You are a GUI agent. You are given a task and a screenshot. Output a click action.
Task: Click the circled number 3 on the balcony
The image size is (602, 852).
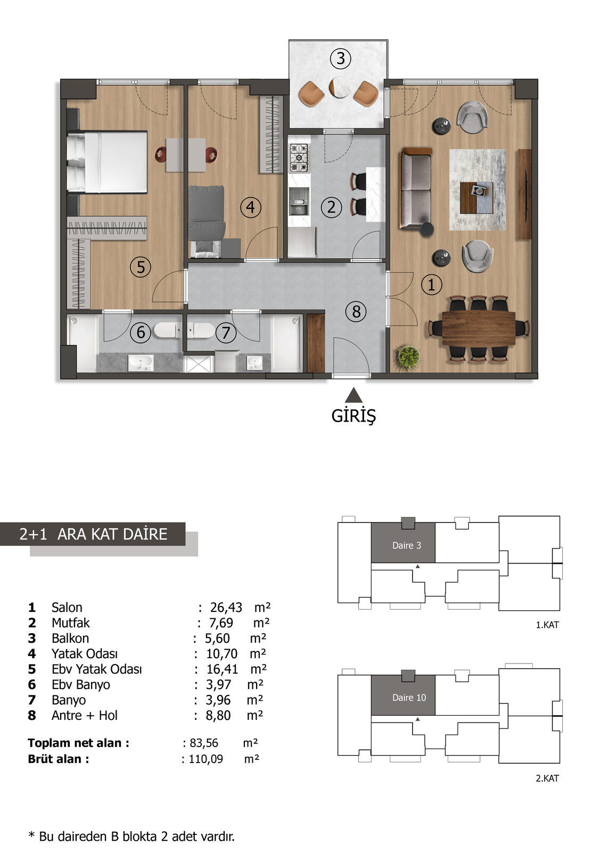pos(340,59)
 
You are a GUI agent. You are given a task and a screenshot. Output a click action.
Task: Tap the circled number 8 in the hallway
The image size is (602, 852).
pos(356,312)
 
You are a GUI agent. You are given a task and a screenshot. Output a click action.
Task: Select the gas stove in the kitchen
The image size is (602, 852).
pos(299,157)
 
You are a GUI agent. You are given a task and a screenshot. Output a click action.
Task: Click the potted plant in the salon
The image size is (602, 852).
pos(408,357)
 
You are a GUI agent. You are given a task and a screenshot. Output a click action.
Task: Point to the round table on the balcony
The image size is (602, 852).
pos(340,88)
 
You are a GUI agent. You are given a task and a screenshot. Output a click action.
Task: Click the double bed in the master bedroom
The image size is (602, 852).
pos(107,162)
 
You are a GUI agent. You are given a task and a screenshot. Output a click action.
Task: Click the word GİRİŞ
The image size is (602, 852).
pos(353,416)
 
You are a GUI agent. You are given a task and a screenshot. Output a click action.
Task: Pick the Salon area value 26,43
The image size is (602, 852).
pos(226,608)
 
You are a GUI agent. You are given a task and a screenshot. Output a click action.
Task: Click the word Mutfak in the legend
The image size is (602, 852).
pos(71,622)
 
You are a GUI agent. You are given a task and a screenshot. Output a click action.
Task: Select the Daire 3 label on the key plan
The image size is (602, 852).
pos(407,545)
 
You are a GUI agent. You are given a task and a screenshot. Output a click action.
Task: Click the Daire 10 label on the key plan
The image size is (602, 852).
pos(409,697)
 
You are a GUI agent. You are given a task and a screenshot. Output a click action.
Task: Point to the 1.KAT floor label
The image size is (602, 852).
pos(547,625)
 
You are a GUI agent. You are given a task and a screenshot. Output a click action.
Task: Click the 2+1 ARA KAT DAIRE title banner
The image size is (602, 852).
pos(93,534)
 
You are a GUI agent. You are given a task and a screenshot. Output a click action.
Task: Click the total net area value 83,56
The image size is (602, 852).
pos(204,742)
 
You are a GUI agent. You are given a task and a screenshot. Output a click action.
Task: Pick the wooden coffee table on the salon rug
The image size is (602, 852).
pos(476,198)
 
